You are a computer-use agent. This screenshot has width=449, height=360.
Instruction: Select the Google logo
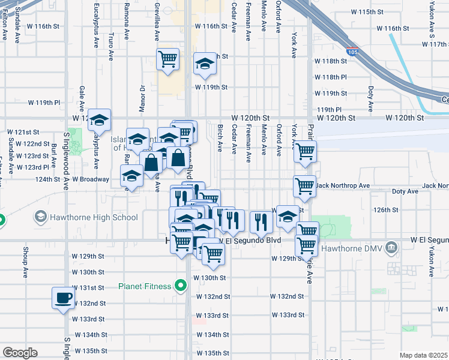tap(20, 353)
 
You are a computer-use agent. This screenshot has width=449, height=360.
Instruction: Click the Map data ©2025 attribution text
tap(424, 355)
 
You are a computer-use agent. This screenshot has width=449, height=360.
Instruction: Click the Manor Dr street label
tap(142, 96)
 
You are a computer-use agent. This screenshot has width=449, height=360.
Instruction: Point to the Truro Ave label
tap(111, 47)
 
